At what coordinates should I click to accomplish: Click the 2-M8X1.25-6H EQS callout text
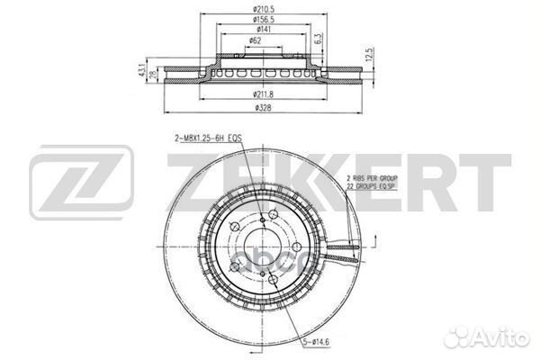pyautogui.click(x=210, y=139)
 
